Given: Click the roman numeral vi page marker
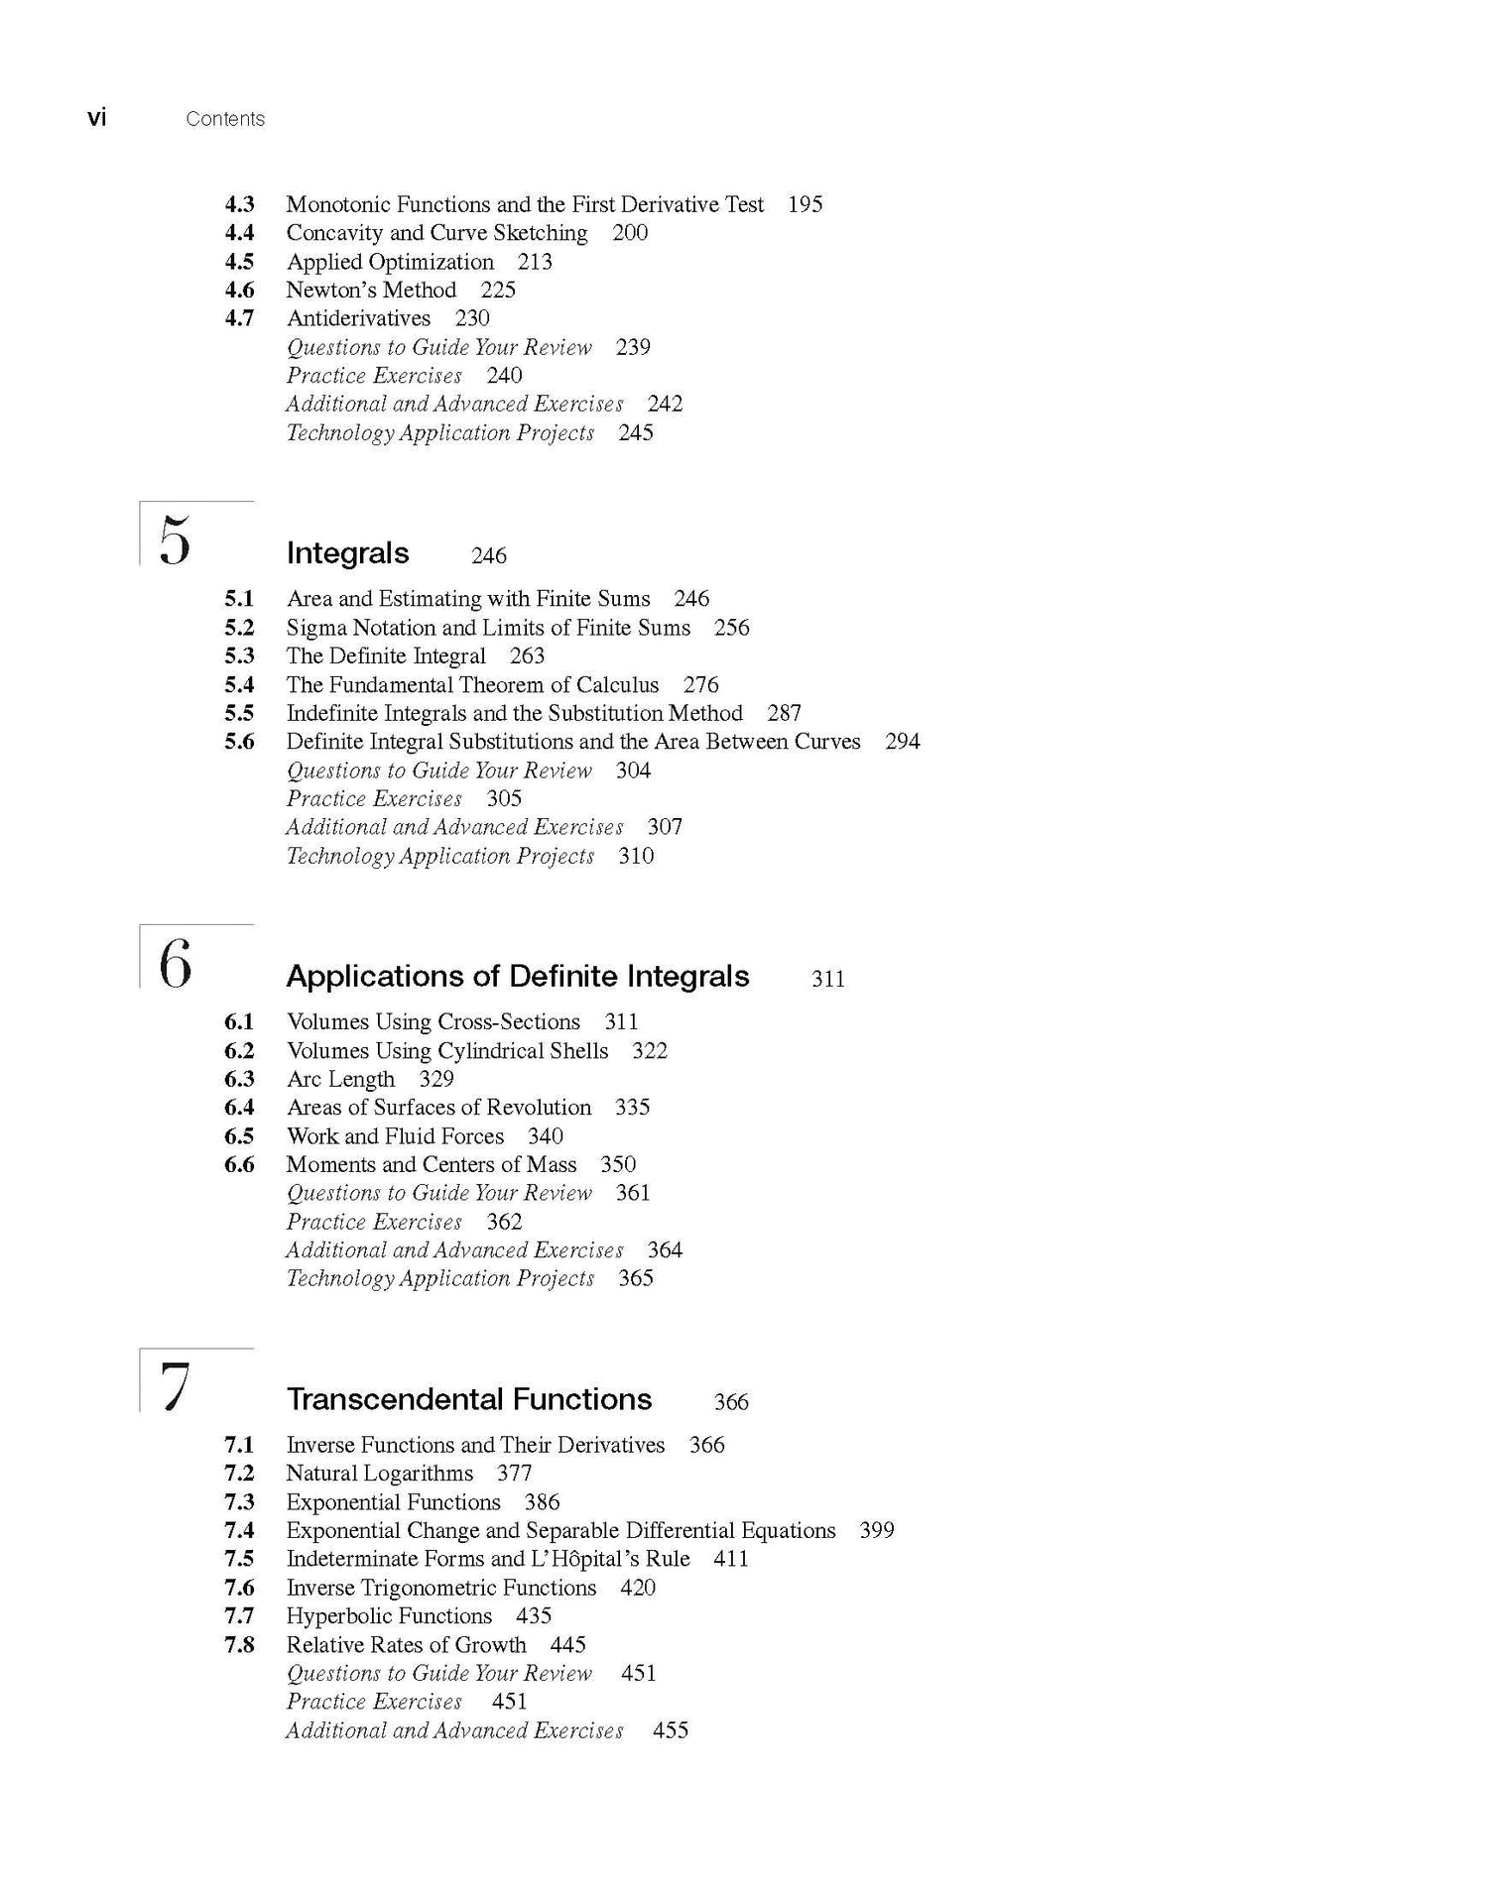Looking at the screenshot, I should point(96,118).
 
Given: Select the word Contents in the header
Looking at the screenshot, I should point(225,119).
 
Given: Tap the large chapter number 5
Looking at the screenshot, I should point(175,540).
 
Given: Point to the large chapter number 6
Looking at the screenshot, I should point(175,964).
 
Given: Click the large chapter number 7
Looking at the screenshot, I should point(175,1386).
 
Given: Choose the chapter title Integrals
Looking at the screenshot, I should point(347,553).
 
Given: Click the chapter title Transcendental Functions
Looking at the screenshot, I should point(469,1399).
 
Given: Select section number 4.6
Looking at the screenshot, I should point(239,290).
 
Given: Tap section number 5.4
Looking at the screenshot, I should point(239,684).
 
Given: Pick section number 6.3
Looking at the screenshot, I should point(239,1079).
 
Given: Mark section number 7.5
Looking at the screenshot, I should point(239,1559).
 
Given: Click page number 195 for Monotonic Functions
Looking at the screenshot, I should point(805,204).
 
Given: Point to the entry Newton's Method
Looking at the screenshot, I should point(371,290).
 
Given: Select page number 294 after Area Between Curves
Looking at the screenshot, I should point(902,742).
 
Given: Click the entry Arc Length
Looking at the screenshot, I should point(340,1079).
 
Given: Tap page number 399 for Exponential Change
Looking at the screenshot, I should point(877,1530).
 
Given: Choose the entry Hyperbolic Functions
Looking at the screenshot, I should point(389,1616).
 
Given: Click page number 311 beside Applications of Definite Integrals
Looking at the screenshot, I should point(828,979).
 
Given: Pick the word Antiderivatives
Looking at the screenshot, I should point(358,318).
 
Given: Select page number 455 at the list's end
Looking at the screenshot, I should point(671,1730).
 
